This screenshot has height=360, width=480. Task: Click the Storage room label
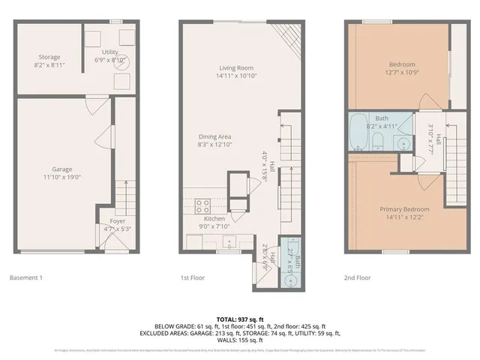tap(49, 57)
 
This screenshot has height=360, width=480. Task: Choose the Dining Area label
tap(214, 136)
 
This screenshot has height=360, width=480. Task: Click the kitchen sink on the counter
tap(229, 241)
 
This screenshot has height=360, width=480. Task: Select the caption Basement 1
tap(26, 277)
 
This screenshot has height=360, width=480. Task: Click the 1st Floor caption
tap(193, 277)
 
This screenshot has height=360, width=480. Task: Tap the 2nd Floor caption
tap(357, 277)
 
